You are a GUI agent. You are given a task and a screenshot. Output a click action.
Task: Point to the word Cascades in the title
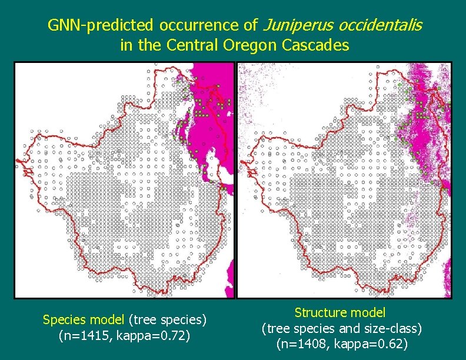point(317,45)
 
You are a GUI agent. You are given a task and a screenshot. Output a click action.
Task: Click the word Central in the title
point(193,45)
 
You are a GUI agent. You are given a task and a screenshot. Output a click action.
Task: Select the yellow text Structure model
point(340,312)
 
